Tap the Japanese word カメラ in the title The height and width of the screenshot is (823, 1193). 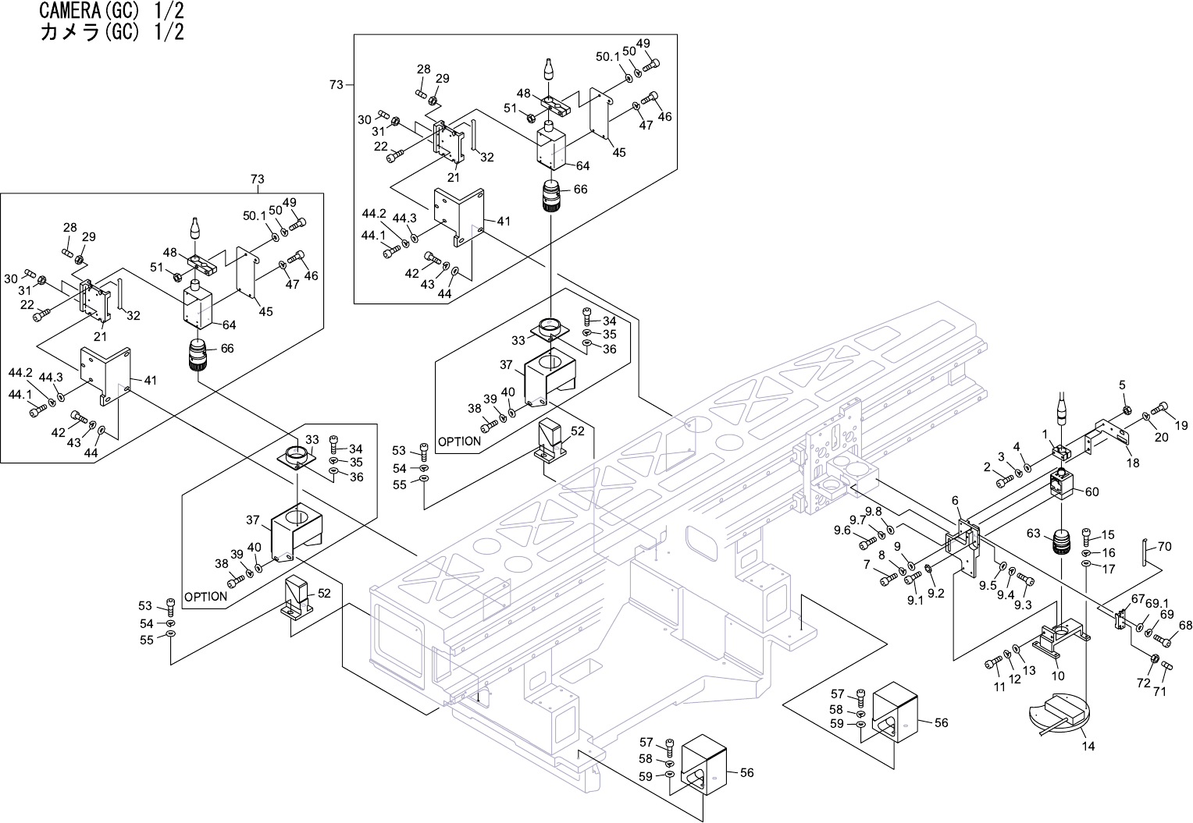pos(69,33)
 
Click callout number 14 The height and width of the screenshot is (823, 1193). pos(1088,747)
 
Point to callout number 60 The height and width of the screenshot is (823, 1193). pos(1092,492)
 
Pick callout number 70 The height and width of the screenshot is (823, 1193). pos(1164,546)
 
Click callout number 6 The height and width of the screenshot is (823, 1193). pos(955,501)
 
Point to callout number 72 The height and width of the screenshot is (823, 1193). pos(1144,683)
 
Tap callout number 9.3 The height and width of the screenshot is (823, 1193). pos(1023,605)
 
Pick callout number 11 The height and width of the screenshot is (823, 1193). pos(999,686)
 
